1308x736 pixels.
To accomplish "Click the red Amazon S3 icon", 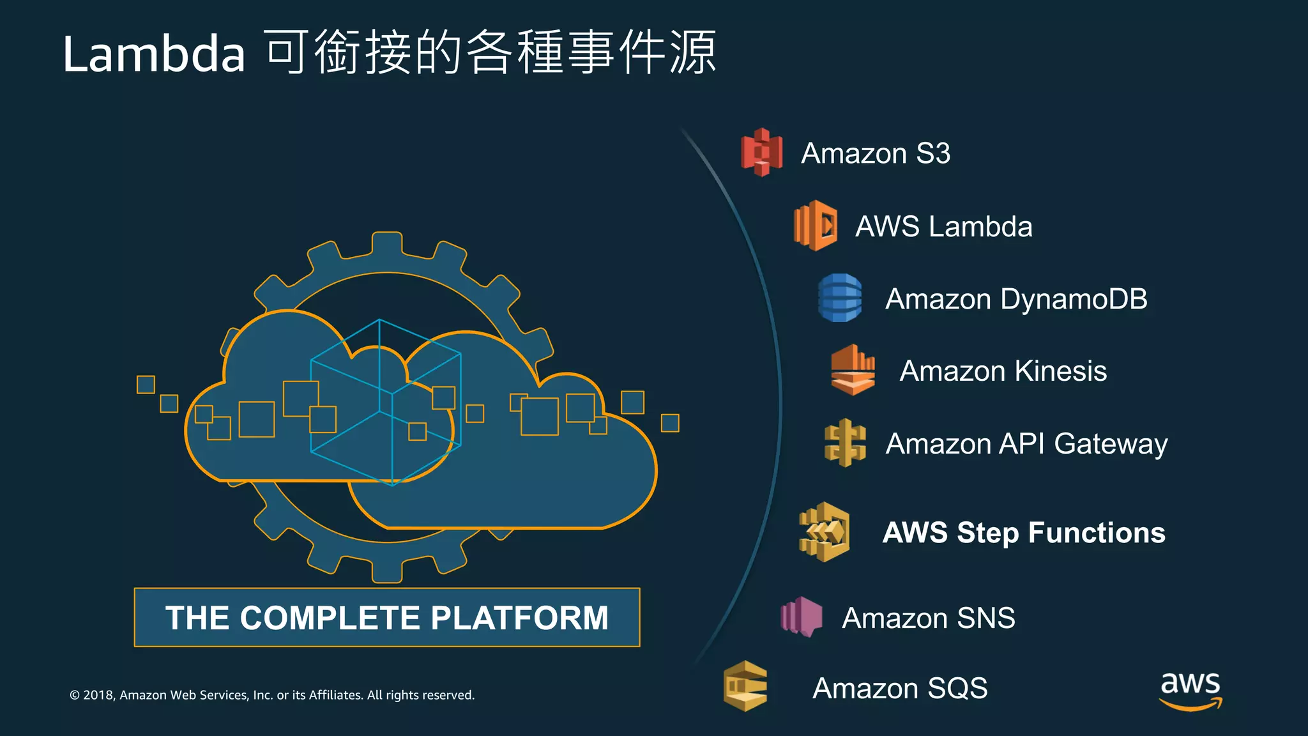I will pyautogui.click(x=761, y=152).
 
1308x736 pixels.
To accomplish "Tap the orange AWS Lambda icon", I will pyautogui.click(x=816, y=226).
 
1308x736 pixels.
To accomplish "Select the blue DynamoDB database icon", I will pyautogui.click(x=840, y=298).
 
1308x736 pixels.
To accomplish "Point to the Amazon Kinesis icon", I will pyautogui.click(x=853, y=370).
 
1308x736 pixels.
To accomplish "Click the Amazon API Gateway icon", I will pyautogui.click(x=845, y=443).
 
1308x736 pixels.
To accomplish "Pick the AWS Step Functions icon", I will pyautogui.click(x=824, y=532).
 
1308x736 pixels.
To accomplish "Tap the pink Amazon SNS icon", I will pyautogui.click(x=802, y=617).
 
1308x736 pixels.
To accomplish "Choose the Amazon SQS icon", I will pyautogui.click(x=745, y=687).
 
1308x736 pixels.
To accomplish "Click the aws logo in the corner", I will pyautogui.click(x=1190, y=690).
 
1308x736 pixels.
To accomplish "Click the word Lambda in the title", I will pyautogui.click(x=154, y=54).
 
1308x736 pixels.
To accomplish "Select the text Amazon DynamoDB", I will pyautogui.click(x=1015, y=299).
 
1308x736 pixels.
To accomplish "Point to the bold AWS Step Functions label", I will pyautogui.click(x=1024, y=533).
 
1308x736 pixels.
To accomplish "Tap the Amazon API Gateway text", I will pyautogui.click(x=1026, y=443).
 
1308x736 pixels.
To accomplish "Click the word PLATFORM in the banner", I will pyautogui.click(x=519, y=618).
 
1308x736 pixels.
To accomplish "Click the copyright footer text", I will pyautogui.click(x=272, y=695).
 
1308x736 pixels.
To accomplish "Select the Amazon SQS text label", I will pyautogui.click(x=900, y=688).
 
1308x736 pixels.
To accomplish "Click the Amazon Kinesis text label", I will pyautogui.click(x=1003, y=371).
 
